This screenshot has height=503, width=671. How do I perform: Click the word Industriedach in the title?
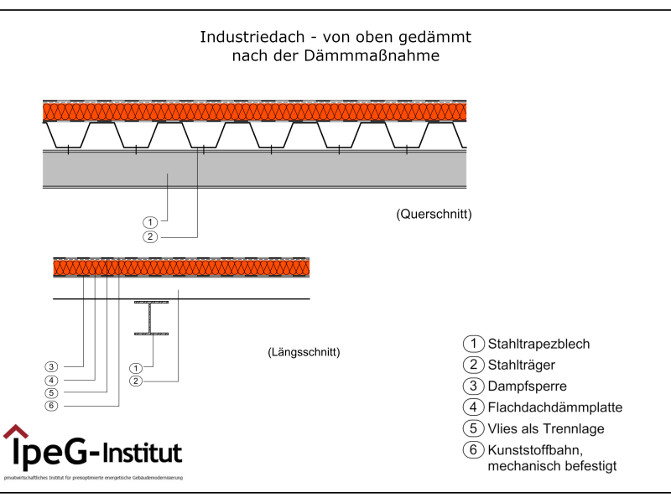(x=238, y=38)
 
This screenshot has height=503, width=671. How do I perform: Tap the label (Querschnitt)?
(x=434, y=215)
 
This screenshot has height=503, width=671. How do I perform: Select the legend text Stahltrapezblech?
(x=538, y=344)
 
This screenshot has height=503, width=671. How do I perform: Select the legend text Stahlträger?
(x=522, y=365)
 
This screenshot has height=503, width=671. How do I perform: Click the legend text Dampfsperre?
(x=527, y=386)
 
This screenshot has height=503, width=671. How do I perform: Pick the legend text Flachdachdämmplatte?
(x=554, y=408)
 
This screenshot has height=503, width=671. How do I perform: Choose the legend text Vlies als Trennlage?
(x=545, y=429)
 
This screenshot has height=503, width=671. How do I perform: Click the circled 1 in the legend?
(x=473, y=344)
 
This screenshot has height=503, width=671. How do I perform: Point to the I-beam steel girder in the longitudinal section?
(x=151, y=319)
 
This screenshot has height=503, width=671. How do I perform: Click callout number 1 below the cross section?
(x=149, y=222)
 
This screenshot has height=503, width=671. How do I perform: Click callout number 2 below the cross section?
(x=149, y=237)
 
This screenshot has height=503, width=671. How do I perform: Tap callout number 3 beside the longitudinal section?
(x=51, y=366)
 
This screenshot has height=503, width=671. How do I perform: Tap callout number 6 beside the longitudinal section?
(x=51, y=406)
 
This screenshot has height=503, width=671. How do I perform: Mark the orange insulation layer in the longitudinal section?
(x=180, y=268)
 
